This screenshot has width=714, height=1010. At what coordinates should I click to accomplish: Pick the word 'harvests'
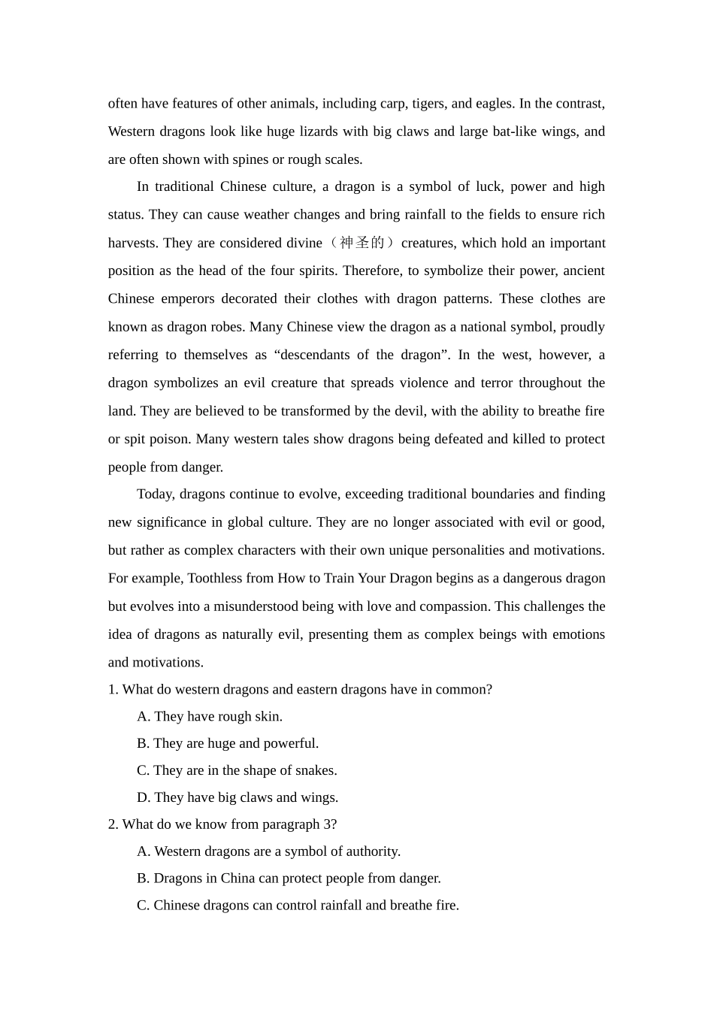click(x=132, y=243)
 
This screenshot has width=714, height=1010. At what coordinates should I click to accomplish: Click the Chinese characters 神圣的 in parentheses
click(x=362, y=243)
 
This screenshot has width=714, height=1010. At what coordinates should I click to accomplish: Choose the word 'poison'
click(x=168, y=439)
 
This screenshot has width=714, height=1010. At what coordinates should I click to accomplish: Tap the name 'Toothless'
click(x=215, y=578)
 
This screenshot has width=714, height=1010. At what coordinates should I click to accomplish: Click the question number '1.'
click(x=113, y=689)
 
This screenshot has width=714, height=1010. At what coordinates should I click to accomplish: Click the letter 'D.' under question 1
click(x=144, y=797)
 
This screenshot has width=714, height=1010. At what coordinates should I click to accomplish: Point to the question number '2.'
click(x=113, y=824)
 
